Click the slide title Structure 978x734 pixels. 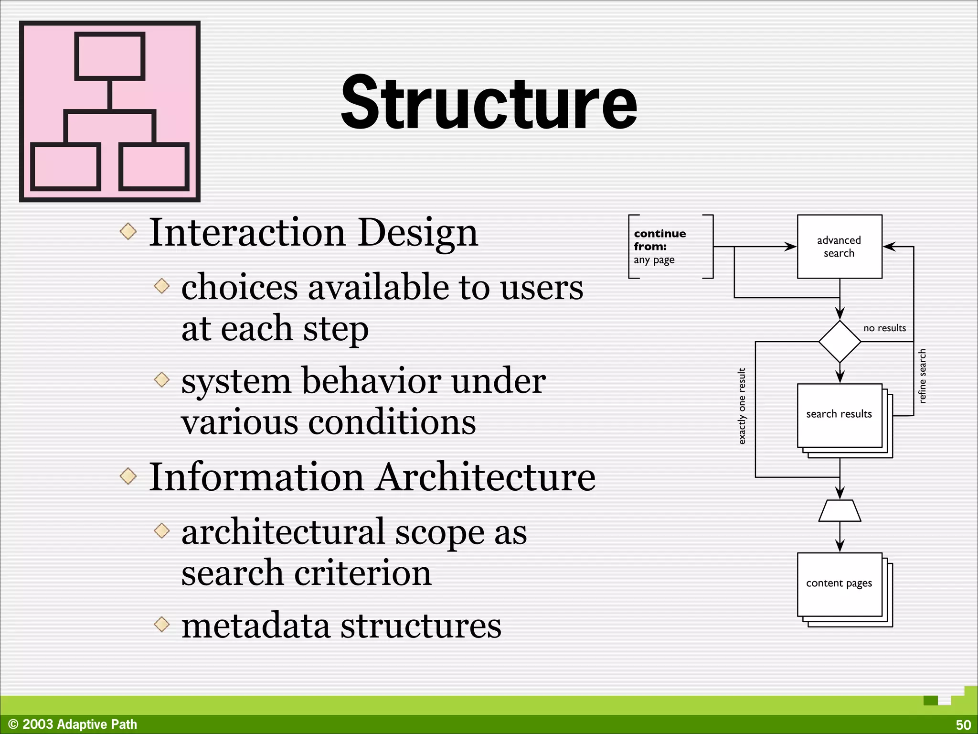(489, 103)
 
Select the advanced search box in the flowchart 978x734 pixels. (839, 247)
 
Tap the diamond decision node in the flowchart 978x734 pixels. (840, 342)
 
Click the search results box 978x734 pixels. (839, 415)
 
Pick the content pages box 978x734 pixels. (839, 584)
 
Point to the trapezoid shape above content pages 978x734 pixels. (840, 511)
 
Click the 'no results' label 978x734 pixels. (884, 328)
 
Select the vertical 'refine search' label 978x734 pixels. (922, 376)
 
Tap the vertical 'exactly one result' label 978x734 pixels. (742, 406)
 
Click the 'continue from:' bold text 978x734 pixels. (659, 240)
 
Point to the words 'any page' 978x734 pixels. (654, 260)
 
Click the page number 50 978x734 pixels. (963, 724)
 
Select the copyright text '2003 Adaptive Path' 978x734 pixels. (79, 724)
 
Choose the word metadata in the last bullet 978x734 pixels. (255, 626)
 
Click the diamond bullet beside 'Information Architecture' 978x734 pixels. (128, 476)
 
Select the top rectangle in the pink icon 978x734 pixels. (110, 56)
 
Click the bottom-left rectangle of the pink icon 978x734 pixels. (65, 167)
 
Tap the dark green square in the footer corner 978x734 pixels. (930, 701)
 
